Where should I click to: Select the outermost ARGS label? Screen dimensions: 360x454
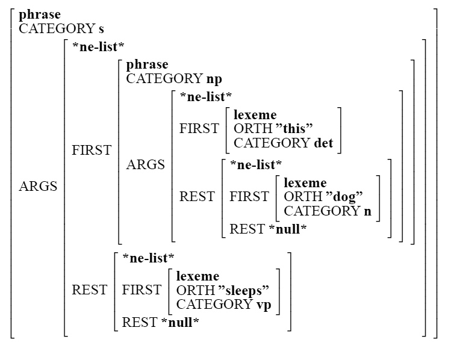(38, 187)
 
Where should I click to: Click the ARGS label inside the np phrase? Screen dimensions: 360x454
(145, 165)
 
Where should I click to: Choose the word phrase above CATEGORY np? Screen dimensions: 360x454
(147, 64)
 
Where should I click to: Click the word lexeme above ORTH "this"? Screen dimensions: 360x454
(255, 114)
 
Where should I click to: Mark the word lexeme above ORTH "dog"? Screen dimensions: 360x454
(305, 182)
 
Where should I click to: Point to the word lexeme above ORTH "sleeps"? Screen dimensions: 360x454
(197, 276)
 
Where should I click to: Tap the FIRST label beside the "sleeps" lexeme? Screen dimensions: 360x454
(141, 290)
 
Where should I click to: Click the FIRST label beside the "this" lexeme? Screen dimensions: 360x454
(199, 129)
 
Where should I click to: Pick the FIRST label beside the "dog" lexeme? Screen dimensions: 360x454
(249, 197)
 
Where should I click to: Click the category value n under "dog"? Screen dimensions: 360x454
(367, 211)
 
